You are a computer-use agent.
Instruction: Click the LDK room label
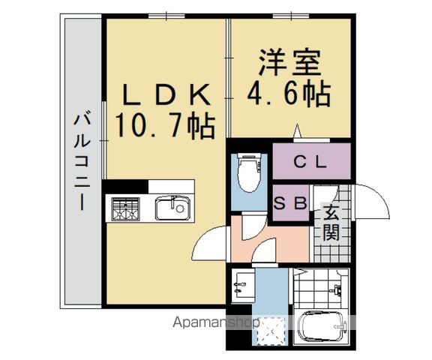(166, 94)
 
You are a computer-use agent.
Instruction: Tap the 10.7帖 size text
(165, 125)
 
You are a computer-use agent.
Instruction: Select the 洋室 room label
(289, 62)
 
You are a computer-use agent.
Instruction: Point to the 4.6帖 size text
(289, 93)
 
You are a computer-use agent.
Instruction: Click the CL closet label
(310, 162)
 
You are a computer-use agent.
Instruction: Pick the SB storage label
(290, 203)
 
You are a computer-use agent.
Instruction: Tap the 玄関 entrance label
(331, 223)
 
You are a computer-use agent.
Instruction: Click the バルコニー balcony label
(82, 163)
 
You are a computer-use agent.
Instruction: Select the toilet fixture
(249, 172)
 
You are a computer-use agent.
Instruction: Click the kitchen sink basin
(173, 208)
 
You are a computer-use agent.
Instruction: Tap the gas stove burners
(125, 209)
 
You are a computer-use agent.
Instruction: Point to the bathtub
(322, 326)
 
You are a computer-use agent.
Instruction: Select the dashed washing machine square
(271, 331)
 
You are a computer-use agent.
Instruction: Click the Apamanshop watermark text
(216, 322)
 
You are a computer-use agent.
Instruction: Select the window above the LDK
(166, 16)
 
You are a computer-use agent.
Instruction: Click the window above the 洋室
(291, 16)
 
